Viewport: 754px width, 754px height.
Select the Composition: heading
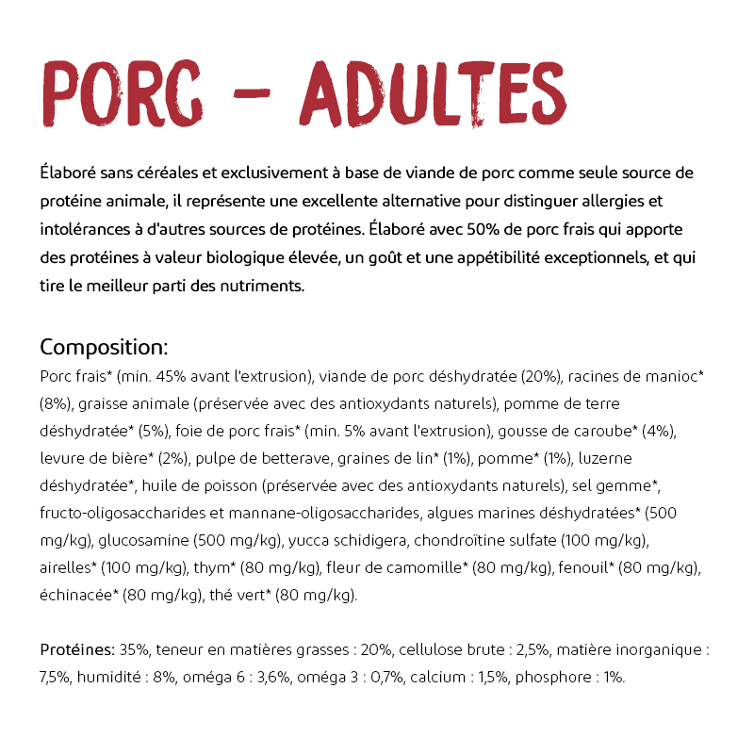click(x=104, y=346)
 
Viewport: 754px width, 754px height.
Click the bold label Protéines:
click(x=77, y=649)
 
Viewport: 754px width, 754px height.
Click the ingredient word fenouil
click(x=584, y=567)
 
